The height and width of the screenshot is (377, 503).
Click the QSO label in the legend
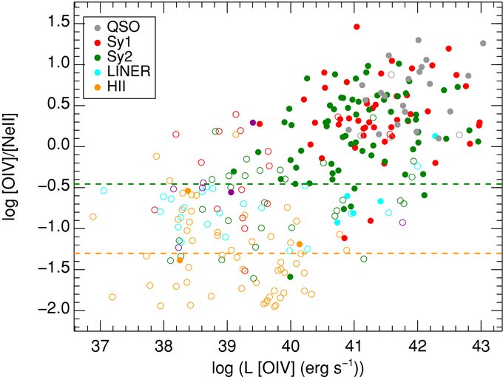tap(124, 27)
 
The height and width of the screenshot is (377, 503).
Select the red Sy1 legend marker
tap(98, 42)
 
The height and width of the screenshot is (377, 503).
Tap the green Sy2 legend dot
tap(98, 57)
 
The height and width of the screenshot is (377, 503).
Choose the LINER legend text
tap(129, 71)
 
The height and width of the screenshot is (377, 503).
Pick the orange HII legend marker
tap(98, 86)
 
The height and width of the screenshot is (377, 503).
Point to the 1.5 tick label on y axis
tap(58, 23)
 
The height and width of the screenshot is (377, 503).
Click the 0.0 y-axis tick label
tap(58, 146)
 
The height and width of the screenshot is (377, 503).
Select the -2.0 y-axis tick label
tap(53, 310)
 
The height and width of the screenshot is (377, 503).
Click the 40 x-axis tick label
tap(291, 347)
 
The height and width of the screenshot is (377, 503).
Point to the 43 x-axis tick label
tap(481, 347)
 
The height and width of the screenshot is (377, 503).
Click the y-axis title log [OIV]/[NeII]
tap(10, 166)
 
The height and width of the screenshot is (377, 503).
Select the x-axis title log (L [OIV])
tap(288, 369)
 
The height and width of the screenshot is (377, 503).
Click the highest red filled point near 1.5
tap(357, 27)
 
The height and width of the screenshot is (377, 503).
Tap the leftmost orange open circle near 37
tap(93, 217)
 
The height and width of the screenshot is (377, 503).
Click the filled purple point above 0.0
tap(253, 123)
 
